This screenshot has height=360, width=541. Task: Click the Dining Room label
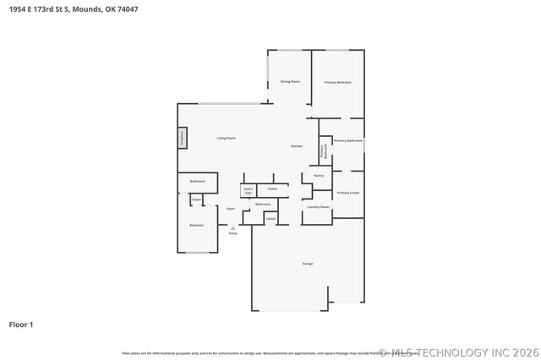tap(290, 81)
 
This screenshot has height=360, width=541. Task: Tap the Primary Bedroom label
tap(337, 82)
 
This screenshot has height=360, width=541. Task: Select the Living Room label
tap(226, 138)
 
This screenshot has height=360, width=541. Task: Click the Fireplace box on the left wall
tap(181, 138)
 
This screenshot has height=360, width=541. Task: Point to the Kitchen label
tap(297, 146)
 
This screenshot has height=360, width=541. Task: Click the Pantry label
tap(319, 176)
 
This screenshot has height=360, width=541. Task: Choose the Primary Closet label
tap(348, 193)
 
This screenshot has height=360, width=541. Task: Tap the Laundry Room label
tap(318, 206)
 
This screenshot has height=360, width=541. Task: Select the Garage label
tap(308, 264)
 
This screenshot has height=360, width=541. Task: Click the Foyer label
tap(230, 208)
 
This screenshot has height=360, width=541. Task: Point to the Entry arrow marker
tap(232, 226)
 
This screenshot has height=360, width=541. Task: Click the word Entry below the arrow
tap(232, 233)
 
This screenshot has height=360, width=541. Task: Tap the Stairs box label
tap(249, 191)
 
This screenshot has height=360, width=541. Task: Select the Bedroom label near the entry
tap(196, 225)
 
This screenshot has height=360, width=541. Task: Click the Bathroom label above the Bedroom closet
tap(198, 181)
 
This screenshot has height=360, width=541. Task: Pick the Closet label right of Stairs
tap(271, 188)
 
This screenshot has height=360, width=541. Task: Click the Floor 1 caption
tap(21, 324)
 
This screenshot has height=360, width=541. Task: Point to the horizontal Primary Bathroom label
tap(347, 140)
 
